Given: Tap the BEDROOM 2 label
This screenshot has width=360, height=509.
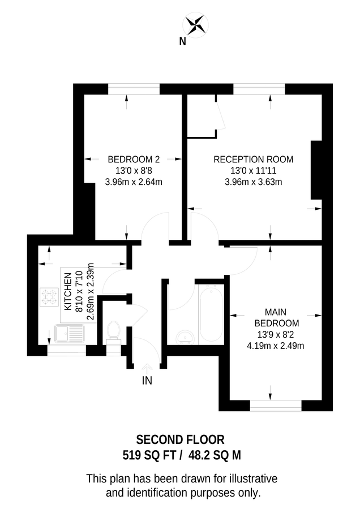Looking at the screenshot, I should pyautogui.click(x=134, y=159).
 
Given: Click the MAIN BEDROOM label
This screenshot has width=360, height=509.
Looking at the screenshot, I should pyautogui.click(x=277, y=317).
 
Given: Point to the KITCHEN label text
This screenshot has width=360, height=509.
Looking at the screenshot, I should pyautogui.click(x=68, y=291).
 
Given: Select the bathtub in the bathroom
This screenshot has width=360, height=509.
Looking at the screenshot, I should pyautogui.click(x=212, y=314).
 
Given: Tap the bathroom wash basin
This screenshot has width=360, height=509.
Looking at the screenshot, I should pyautogui.click(x=184, y=337).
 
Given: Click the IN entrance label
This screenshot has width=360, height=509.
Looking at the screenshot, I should pyautogui.click(x=147, y=381).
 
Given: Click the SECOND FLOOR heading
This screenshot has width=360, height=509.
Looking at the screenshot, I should pyautogui.click(x=180, y=439).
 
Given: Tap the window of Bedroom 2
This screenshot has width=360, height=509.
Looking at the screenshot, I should pyautogui.click(x=134, y=89).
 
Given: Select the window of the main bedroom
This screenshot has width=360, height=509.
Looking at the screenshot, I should pyautogui.click(x=276, y=406).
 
